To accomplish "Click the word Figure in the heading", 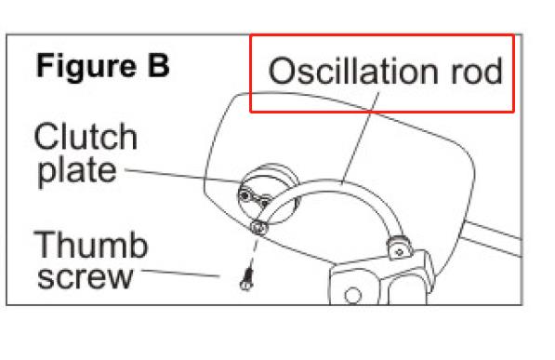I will coord(85,68).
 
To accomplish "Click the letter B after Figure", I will coord(155,68).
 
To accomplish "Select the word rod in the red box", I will coord(476,73).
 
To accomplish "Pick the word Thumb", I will coord(90,247).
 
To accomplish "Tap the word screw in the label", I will coord(83,277).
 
